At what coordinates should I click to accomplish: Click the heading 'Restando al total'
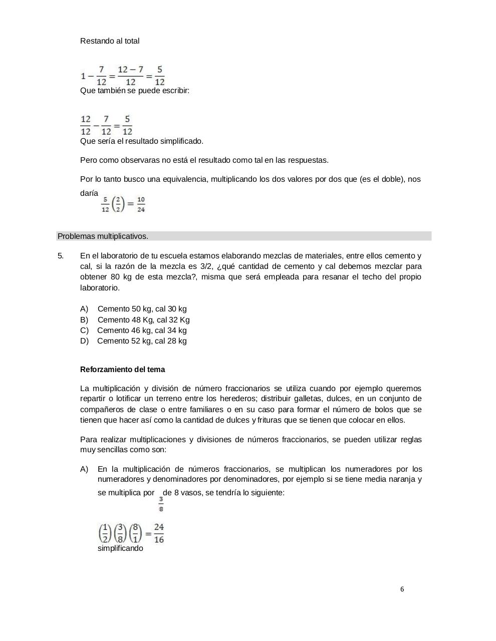click(x=110, y=41)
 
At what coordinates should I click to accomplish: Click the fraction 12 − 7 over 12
click(x=130, y=76)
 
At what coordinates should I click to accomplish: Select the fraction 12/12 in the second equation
click(x=86, y=125)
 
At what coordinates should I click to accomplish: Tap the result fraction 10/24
click(x=141, y=204)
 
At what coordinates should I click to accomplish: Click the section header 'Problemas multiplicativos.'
click(x=103, y=236)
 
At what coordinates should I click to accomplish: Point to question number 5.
click(x=61, y=256)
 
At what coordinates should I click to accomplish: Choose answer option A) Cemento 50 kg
click(x=134, y=309)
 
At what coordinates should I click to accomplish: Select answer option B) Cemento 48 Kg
click(x=135, y=320)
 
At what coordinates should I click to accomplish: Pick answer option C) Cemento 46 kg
click(x=134, y=331)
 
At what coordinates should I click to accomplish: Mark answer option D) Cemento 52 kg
click(x=134, y=341)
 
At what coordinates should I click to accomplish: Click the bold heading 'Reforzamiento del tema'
click(x=122, y=370)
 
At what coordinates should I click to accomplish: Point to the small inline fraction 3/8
click(x=161, y=504)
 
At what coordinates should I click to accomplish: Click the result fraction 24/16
click(x=159, y=533)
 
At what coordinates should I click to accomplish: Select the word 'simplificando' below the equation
click(x=120, y=548)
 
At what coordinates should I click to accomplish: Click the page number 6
click(x=402, y=589)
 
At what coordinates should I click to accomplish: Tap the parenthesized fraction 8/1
click(x=135, y=533)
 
